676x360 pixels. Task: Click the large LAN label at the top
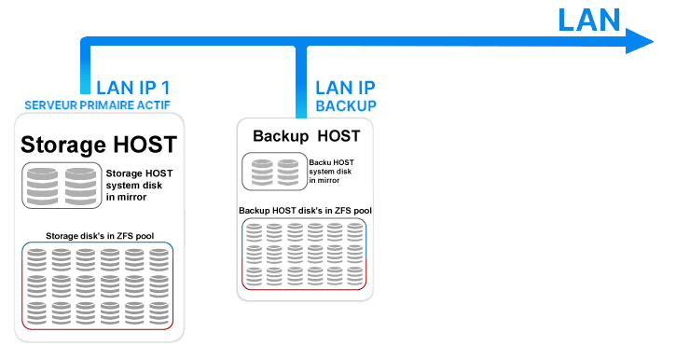589,20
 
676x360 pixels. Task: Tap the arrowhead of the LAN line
640,41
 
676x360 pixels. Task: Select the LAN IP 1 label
132,88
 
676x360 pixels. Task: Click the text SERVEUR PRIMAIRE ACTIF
97,105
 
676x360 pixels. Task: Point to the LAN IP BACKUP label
346,97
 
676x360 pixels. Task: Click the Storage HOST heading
99,145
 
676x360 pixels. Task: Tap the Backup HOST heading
306,136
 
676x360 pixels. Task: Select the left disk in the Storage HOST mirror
42,187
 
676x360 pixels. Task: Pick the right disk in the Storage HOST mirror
80,187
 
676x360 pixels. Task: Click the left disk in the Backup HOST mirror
262,173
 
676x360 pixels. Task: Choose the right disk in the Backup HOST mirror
288,173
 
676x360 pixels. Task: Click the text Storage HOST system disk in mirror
139,185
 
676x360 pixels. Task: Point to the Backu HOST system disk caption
331,172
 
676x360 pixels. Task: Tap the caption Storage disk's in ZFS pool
100,236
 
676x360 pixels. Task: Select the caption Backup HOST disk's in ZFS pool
305,211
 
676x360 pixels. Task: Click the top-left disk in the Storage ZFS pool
36,259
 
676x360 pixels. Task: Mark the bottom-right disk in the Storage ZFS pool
159,313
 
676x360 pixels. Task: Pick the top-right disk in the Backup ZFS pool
355,232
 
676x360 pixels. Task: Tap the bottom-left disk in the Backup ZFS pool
254,276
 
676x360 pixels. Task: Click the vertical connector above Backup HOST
301,82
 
